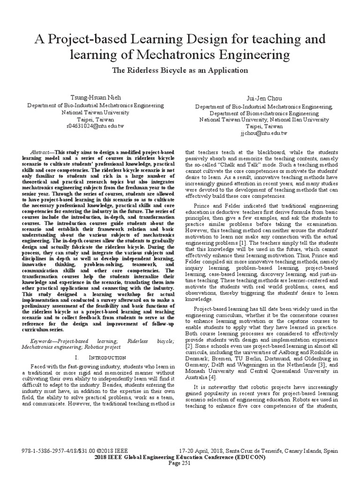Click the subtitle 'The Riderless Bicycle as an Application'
180,70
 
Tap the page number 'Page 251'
180,463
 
